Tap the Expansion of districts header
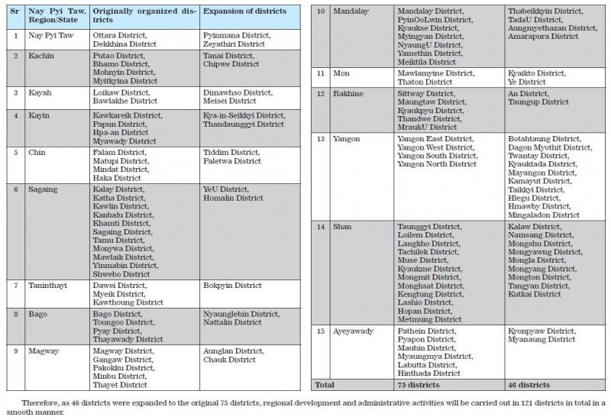(244, 11)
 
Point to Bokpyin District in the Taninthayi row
(232, 286)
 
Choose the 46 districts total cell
(529, 385)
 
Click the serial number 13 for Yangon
(322, 139)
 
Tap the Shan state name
(342, 227)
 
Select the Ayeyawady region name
(354, 331)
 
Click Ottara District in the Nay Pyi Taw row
(119, 35)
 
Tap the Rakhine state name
(348, 93)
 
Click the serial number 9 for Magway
(16, 351)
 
